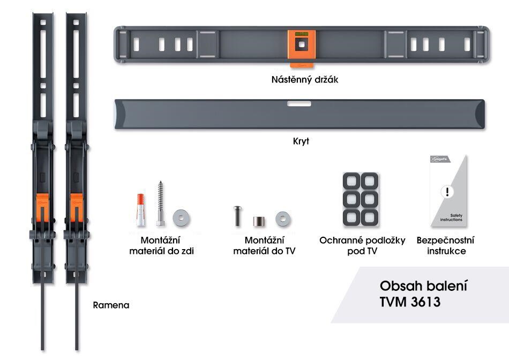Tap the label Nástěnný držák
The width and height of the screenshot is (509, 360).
click(x=304, y=80)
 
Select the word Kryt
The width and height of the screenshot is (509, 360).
click(x=301, y=142)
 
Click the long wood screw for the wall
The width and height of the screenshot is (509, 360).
click(x=160, y=204)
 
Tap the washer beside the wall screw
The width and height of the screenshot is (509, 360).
click(x=181, y=217)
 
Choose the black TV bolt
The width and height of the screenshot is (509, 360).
click(x=237, y=216)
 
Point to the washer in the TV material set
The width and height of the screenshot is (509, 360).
click(x=283, y=219)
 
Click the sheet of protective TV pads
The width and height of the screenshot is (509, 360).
click(x=361, y=199)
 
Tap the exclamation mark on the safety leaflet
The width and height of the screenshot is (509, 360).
click(x=448, y=192)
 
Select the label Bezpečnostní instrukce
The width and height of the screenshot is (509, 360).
click(x=445, y=245)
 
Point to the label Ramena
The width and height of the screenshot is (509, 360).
click(x=111, y=305)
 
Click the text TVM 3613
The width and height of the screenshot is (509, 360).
click(x=410, y=302)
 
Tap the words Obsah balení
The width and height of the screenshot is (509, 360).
click(x=420, y=285)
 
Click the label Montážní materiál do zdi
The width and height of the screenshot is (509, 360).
click(x=161, y=245)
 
